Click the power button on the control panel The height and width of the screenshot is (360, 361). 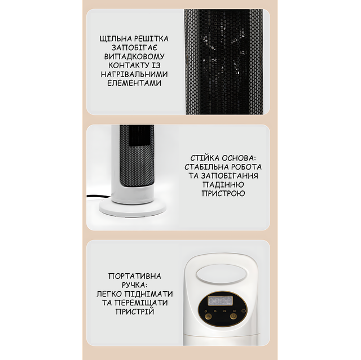click(234, 316)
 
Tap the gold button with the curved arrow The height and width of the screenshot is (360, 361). click(208, 316)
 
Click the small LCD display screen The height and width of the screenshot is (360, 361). click(221, 301)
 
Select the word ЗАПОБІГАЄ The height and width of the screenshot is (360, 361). click(134, 47)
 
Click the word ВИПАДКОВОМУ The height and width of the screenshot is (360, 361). click(134, 56)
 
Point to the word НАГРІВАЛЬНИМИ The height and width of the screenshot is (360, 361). click(134, 74)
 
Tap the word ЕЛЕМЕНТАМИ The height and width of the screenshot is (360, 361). click(134, 83)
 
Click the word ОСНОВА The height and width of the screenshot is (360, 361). click(239, 158)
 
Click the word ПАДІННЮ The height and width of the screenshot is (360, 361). click(223, 185)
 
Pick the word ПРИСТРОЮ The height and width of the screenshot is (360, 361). click(223, 193)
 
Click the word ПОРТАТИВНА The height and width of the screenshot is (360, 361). click(135, 276)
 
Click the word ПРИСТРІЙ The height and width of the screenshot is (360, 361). click(134, 312)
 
